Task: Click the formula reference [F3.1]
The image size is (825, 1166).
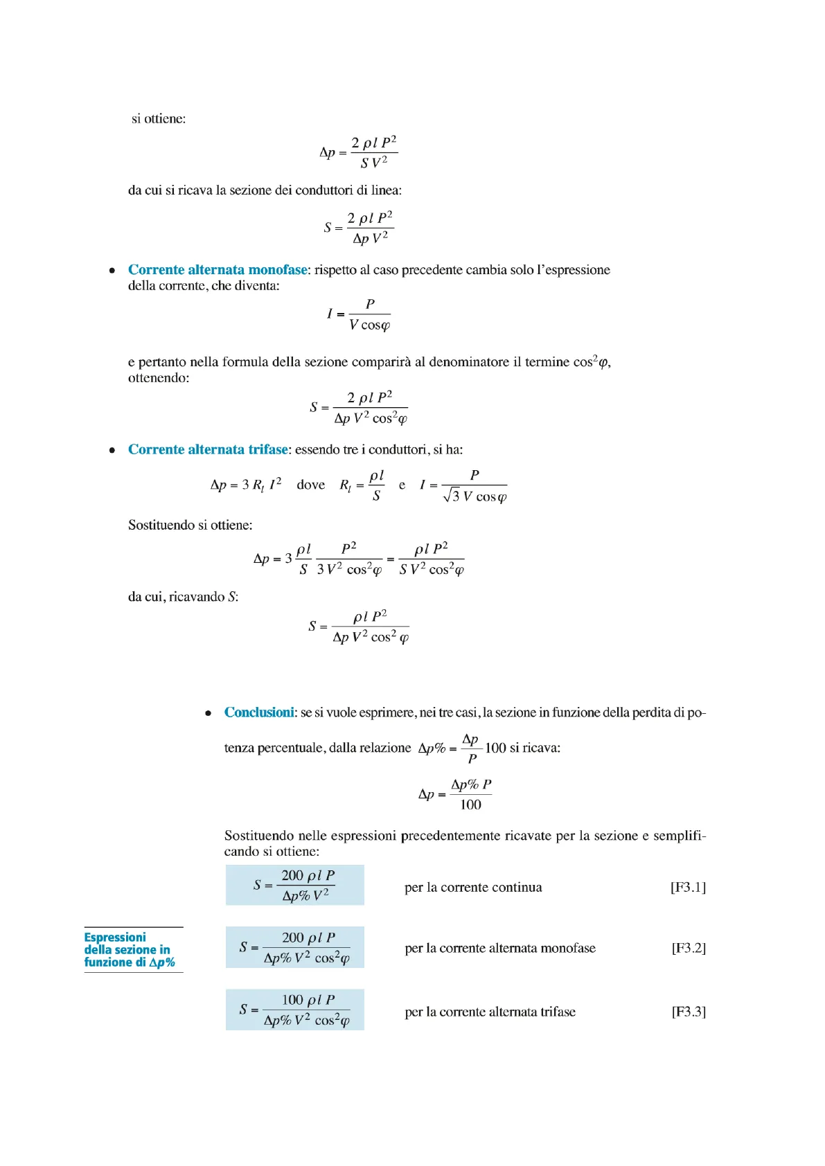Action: (x=688, y=887)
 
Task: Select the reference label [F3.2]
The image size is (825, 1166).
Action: (x=689, y=948)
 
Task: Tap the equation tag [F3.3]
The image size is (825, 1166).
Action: (x=689, y=1012)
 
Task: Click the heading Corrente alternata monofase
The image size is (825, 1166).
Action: (x=218, y=270)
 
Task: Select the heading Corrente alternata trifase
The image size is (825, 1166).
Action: (x=208, y=449)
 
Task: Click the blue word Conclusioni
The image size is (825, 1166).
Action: (x=259, y=712)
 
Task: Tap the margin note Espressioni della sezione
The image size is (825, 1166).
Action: (x=129, y=949)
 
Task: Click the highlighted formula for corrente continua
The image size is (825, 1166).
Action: (x=295, y=885)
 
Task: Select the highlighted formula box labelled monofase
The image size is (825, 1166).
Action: (x=295, y=947)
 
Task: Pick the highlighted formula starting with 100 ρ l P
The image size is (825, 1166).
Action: (x=295, y=1010)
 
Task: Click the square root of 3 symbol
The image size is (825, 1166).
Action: (x=452, y=496)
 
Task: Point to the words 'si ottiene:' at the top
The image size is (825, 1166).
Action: (x=159, y=119)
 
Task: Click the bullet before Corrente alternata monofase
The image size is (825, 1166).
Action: (x=112, y=271)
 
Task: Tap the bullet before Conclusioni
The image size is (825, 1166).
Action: (x=208, y=713)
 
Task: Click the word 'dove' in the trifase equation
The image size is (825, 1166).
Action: (x=310, y=485)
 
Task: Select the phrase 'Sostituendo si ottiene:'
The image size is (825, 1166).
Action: (x=190, y=526)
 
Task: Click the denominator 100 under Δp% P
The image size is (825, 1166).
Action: (x=470, y=805)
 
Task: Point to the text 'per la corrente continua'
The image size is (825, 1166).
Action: (x=473, y=888)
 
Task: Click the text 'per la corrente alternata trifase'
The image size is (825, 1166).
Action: (x=490, y=1012)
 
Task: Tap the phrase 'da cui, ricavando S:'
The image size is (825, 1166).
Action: (x=183, y=597)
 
